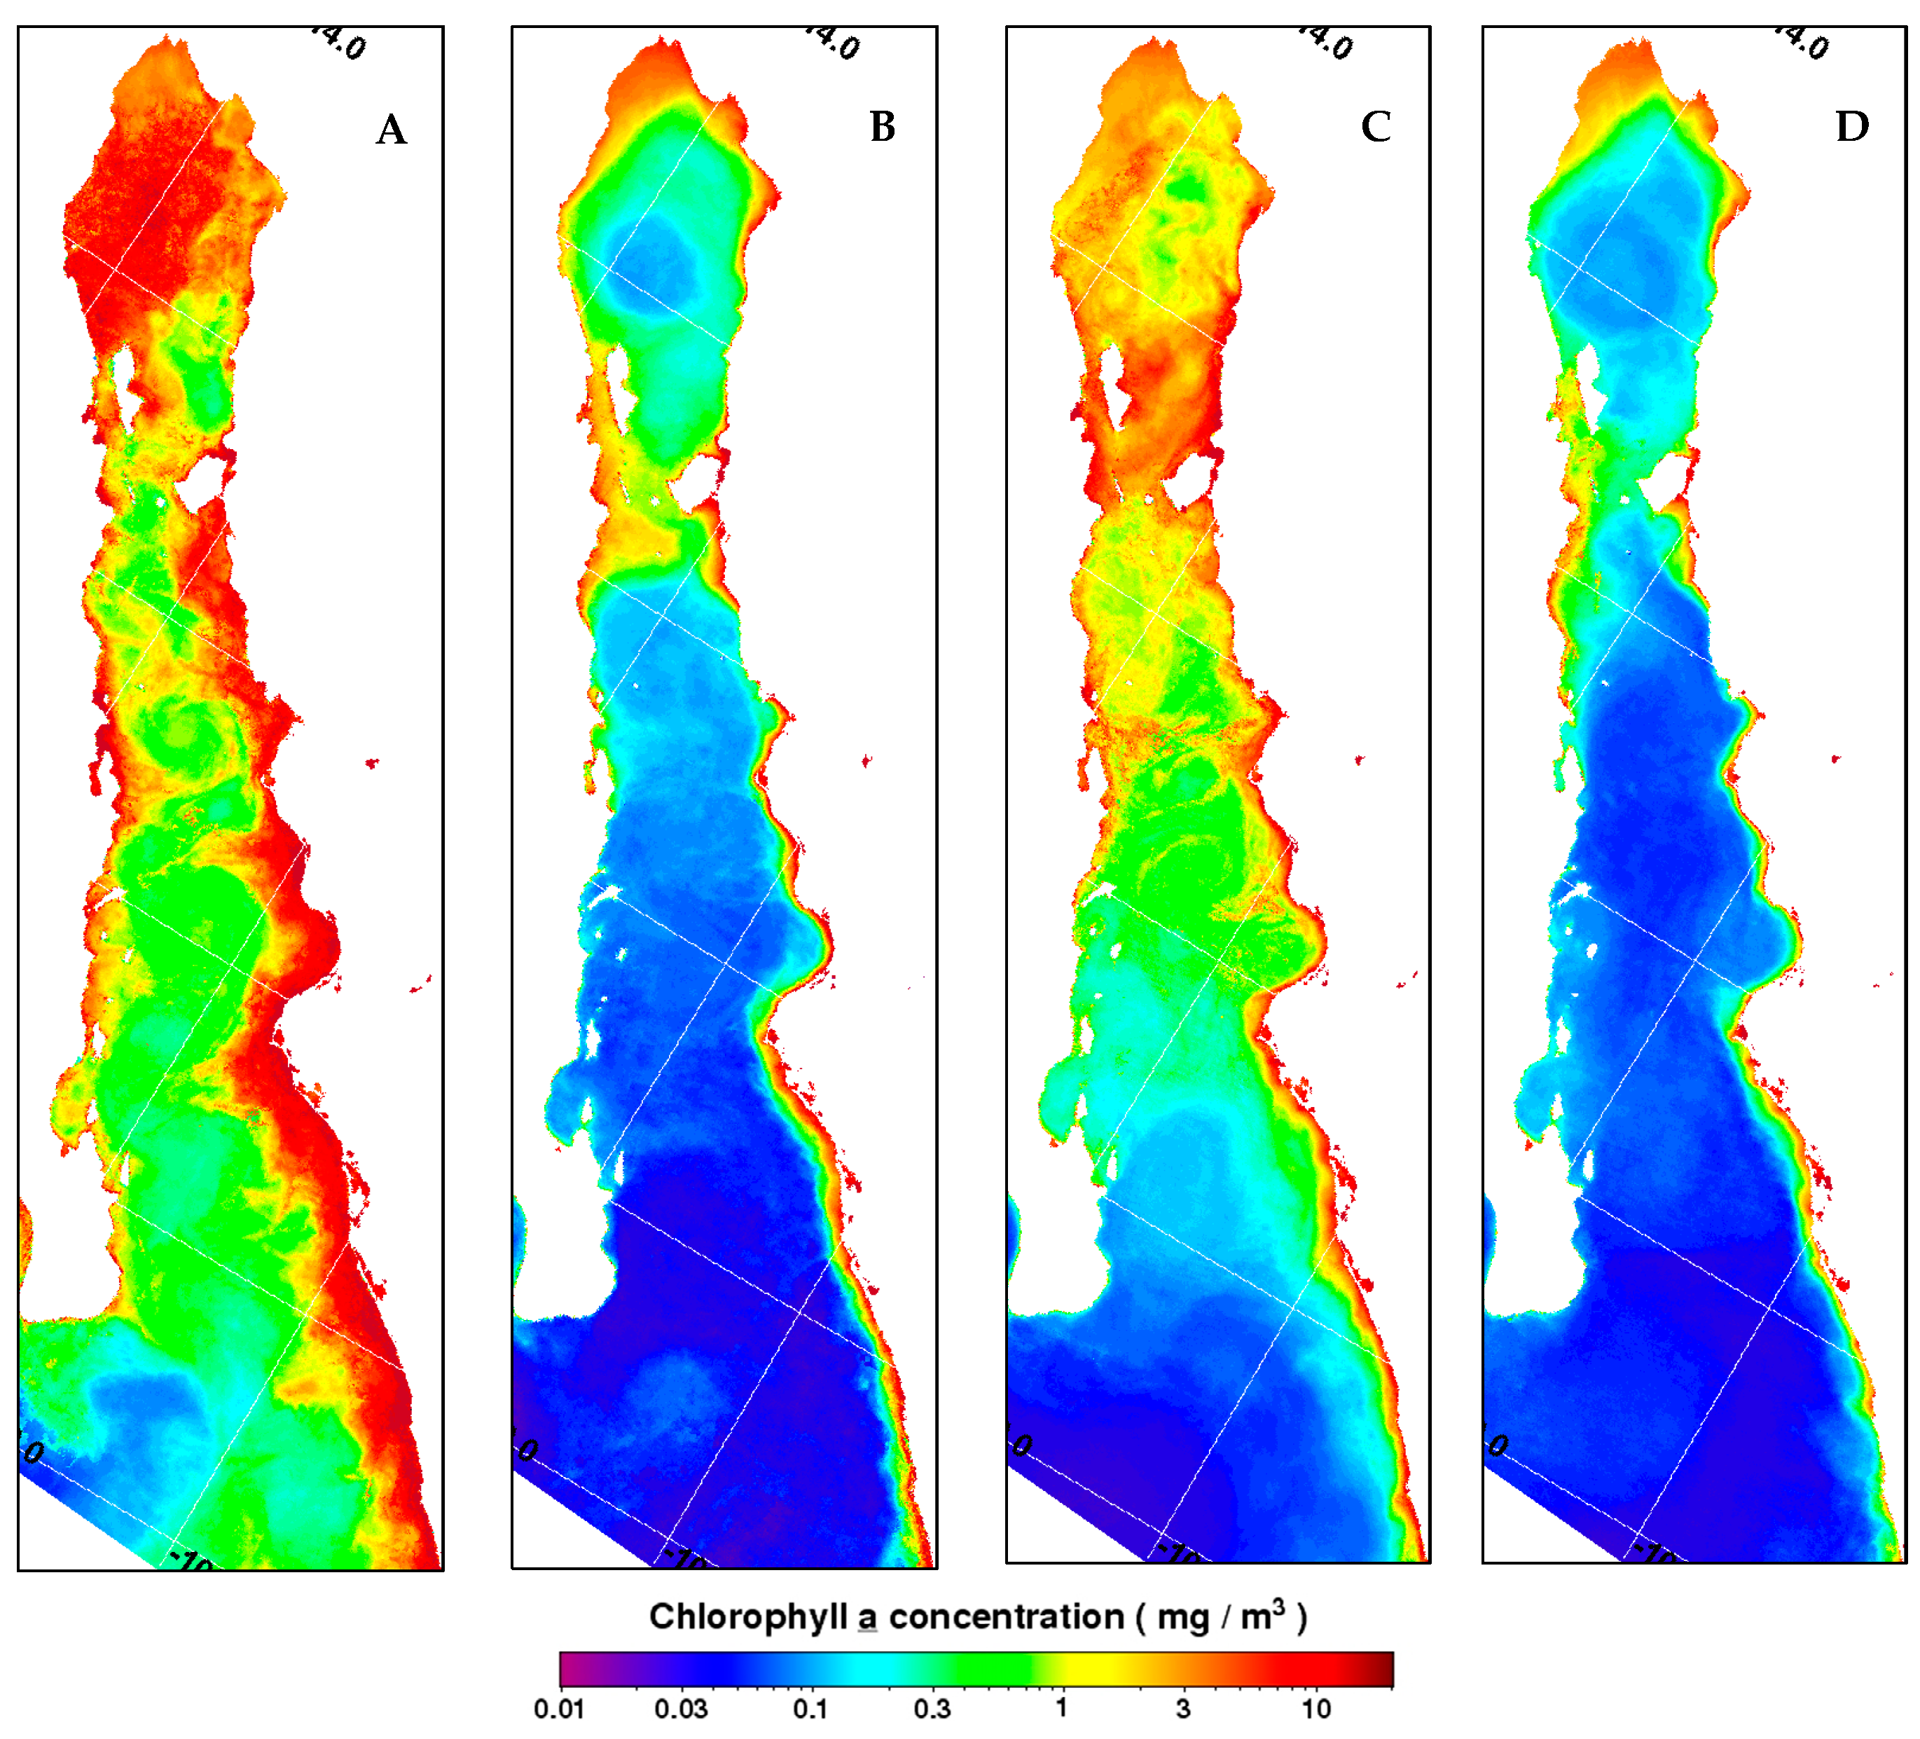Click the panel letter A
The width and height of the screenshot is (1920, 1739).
click(392, 130)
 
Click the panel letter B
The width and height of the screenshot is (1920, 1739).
click(883, 127)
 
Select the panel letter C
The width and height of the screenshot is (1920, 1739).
click(1375, 127)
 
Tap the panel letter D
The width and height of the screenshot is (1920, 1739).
click(1851, 127)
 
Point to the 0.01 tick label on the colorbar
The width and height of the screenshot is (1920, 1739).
click(559, 1709)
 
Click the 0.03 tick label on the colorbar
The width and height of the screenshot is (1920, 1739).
click(680, 1709)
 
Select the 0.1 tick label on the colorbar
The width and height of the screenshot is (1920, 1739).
click(810, 1709)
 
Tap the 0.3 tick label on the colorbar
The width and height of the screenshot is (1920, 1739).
click(932, 1709)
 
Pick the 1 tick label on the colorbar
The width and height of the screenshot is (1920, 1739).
click(1061, 1707)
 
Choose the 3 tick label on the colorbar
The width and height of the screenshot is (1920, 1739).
click(1183, 1709)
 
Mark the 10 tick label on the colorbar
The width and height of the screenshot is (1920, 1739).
click(1316, 1709)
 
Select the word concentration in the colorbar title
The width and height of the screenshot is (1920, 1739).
click(1007, 1617)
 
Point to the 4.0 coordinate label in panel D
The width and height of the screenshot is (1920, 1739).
click(1804, 43)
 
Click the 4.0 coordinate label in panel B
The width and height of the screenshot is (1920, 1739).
click(834, 43)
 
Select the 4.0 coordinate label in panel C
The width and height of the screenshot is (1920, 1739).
click(1327, 43)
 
